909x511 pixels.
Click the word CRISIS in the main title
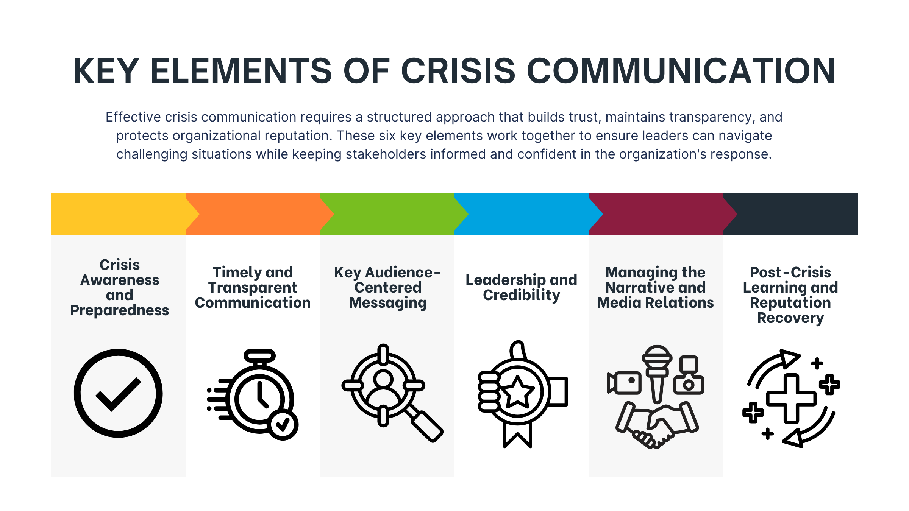point(458,71)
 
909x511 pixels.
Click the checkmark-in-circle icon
point(118,393)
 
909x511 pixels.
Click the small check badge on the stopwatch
point(283,424)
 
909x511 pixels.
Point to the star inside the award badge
point(517,392)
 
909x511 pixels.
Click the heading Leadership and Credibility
point(522,288)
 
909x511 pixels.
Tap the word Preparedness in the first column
point(120,310)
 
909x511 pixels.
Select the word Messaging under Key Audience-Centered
point(388,303)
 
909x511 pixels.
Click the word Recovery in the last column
point(790,318)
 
